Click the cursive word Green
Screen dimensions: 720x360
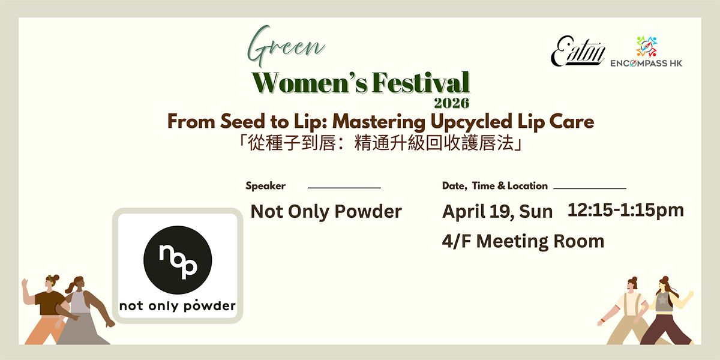point(286,47)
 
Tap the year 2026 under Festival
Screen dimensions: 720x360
point(452,103)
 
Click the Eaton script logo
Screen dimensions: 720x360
point(578,52)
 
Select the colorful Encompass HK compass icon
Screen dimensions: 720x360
point(646,47)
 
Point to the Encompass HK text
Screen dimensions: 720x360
point(646,64)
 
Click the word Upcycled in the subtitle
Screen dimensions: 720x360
point(471,122)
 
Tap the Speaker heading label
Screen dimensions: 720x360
point(265,186)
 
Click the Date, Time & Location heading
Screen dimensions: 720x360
point(494,186)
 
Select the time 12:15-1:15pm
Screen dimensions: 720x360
point(625,210)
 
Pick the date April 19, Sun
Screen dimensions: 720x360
point(497,211)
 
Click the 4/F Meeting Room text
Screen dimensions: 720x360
point(523,241)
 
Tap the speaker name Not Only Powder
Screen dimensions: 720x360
point(326,211)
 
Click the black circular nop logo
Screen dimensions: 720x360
point(178,260)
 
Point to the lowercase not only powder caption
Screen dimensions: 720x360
point(178,305)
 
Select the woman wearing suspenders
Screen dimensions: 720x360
point(627,311)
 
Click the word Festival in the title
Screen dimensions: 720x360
point(421,83)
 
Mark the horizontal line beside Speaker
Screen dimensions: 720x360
point(344,187)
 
